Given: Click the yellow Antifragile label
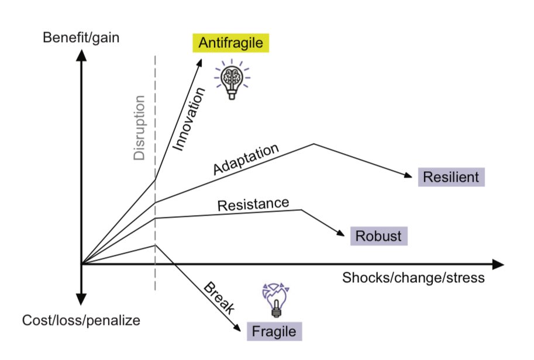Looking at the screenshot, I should pos(230,43).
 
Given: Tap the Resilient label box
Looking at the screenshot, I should pos(452,176).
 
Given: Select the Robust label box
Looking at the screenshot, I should pos(379,236).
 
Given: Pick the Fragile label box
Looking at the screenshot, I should pos(274,331).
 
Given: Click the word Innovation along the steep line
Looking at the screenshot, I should pos(190,119).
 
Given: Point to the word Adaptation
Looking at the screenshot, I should pos(246,158).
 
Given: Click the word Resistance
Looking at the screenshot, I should pos(253,204).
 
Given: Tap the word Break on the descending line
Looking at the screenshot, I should pos(219,298).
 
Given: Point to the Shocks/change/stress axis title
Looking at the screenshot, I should pos(413,277).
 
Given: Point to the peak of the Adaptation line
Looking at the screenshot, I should pos(314,143).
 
